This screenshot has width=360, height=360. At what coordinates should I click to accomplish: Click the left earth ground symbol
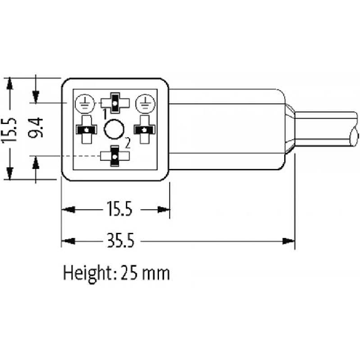(85, 104)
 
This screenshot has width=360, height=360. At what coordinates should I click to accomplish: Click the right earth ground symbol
(145, 104)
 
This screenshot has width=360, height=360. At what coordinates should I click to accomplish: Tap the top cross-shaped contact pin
(115, 103)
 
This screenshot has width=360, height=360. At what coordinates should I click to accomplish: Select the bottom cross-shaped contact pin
(115, 156)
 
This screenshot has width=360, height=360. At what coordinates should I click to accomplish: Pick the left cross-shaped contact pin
(86, 130)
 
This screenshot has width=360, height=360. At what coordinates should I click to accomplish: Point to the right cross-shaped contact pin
(145, 130)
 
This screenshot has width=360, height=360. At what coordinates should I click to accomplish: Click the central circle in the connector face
(114, 129)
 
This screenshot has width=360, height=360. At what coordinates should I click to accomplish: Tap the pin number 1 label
(105, 115)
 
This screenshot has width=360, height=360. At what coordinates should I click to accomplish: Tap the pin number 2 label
(128, 143)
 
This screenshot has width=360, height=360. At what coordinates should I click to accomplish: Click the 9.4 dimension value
(36, 128)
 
